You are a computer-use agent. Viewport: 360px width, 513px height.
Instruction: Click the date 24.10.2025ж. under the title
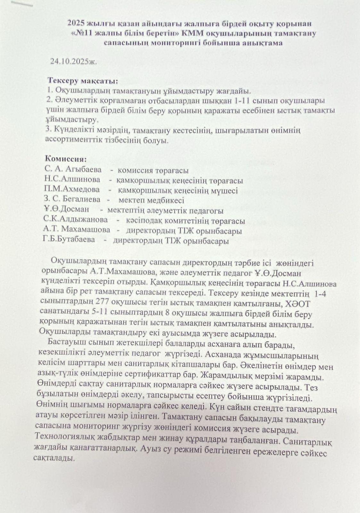coord(73,62)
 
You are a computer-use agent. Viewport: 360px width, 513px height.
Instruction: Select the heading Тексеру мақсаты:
coord(83,80)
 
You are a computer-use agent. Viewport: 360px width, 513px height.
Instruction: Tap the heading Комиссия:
coord(66,158)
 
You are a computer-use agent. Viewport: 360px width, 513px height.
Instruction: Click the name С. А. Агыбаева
coord(73,169)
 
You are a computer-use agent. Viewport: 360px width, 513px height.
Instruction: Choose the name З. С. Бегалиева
coord(72,199)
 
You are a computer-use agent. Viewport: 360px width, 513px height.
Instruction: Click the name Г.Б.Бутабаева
coord(69,239)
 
